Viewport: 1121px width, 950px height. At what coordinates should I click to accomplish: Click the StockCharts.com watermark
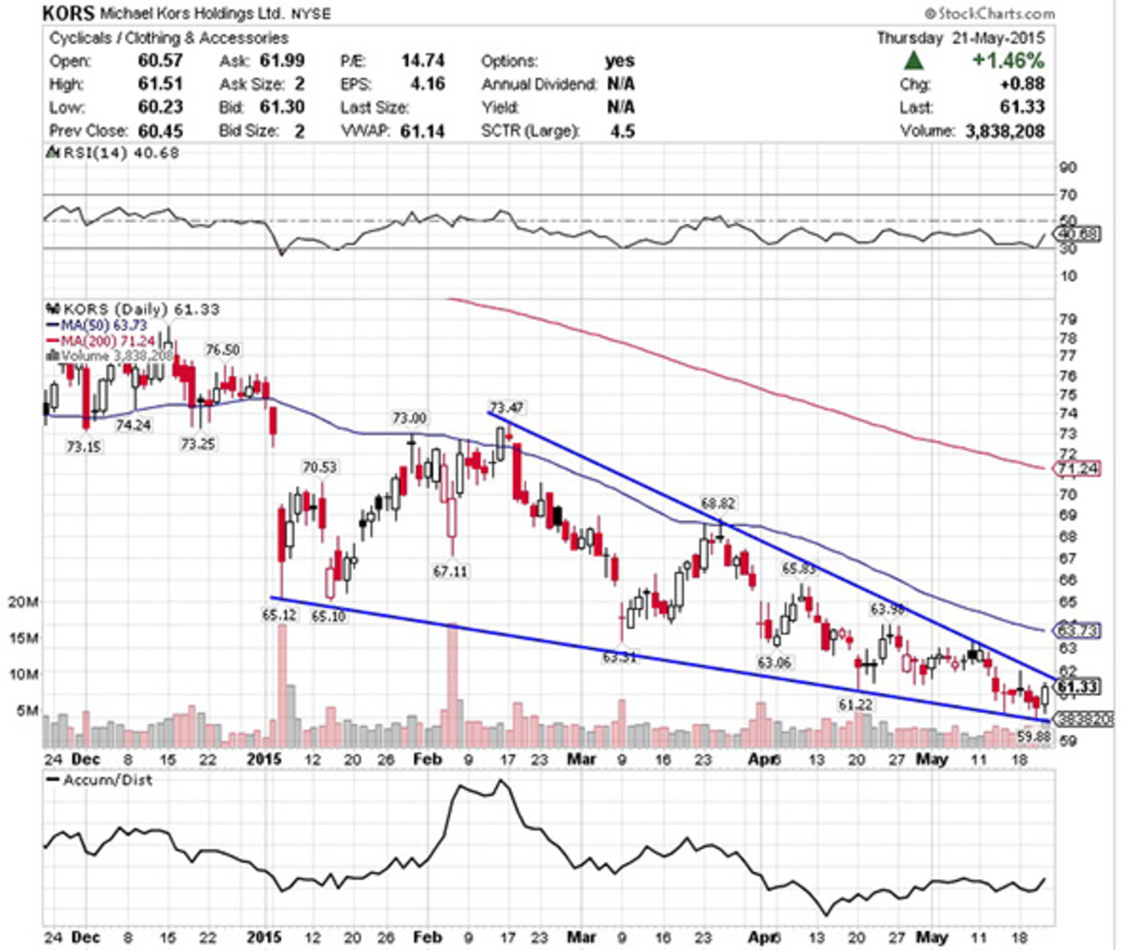pos(989,13)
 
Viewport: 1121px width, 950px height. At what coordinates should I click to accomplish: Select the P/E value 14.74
pos(422,61)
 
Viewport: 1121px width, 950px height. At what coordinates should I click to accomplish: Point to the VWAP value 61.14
pos(422,131)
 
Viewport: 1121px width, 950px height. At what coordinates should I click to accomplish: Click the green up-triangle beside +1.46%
pos(915,61)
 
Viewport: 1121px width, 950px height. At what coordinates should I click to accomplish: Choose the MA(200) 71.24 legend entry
pos(105,341)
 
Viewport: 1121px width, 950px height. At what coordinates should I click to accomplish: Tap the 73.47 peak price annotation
pos(507,406)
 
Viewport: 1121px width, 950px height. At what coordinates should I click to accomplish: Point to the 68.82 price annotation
pos(717,503)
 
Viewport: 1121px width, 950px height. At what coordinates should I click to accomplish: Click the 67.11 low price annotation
pos(449,571)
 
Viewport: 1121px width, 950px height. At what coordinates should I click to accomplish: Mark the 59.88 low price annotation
pos(1034,736)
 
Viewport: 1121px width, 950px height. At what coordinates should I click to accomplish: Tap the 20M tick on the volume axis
pos(22,602)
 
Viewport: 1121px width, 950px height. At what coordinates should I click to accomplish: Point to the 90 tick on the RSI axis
pos(1068,168)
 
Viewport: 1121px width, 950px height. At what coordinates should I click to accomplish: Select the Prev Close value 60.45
pos(161,131)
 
